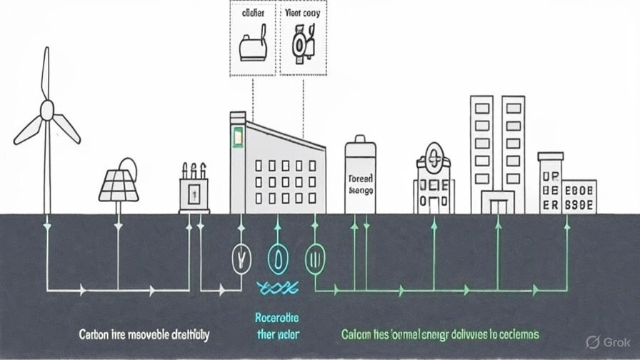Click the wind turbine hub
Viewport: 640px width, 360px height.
tap(46, 109)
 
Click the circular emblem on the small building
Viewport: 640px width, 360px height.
tap(434, 155)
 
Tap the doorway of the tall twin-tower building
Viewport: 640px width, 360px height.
tap(497, 206)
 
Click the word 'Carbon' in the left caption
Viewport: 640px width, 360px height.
tap(94, 334)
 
